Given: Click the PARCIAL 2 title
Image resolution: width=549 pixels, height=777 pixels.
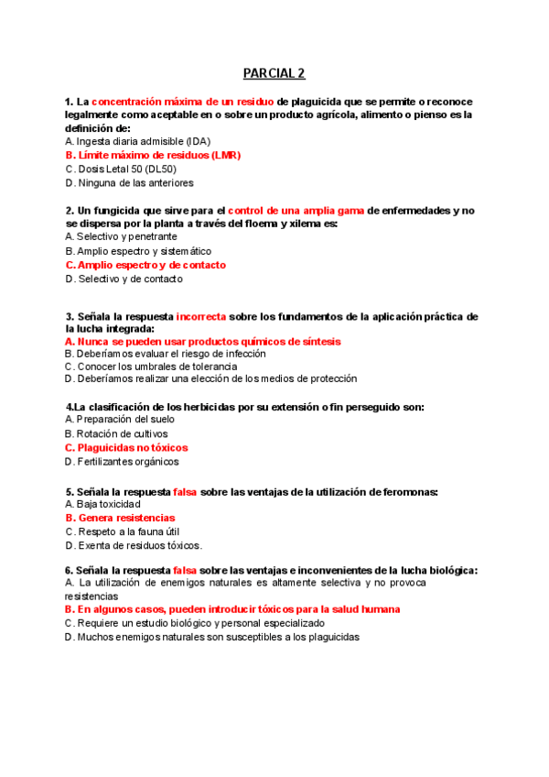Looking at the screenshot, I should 274,73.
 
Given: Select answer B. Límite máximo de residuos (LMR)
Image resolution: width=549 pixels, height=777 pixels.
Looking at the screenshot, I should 153,156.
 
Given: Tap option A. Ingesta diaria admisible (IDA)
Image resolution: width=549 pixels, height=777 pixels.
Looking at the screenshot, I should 138,142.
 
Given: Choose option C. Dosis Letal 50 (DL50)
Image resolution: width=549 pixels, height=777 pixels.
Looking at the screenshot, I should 122,170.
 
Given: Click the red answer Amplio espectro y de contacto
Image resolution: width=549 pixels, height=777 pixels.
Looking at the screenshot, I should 145,265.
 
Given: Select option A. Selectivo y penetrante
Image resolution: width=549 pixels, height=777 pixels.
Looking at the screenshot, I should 122,236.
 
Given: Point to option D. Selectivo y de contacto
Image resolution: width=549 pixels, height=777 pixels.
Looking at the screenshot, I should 124,279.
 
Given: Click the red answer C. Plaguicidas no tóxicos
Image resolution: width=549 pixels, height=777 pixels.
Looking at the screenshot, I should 126,448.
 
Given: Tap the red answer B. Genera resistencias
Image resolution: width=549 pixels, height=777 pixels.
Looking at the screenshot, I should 120,518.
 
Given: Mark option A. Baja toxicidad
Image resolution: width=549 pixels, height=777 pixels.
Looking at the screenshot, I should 103,504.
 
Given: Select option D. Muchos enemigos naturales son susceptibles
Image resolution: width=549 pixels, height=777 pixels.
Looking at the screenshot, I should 212,638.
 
